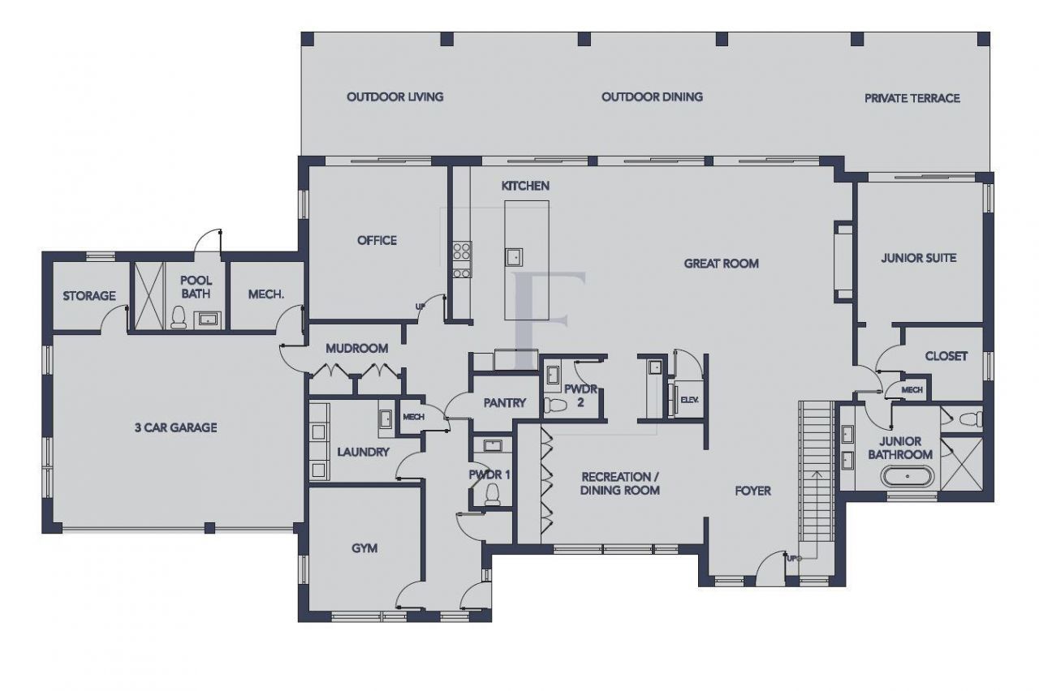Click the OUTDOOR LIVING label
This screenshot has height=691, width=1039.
[x=394, y=97]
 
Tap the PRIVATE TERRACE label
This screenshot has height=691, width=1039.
[x=912, y=98]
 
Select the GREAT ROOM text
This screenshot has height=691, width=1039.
[x=721, y=263]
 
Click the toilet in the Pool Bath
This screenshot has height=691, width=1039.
[x=178, y=317]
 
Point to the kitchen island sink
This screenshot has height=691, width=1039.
[x=514, y=257]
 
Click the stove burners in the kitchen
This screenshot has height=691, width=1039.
[x=462, y=260]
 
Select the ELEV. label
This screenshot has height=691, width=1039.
[x=689, y=400]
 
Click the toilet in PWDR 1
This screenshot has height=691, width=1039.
[x=492, y=495]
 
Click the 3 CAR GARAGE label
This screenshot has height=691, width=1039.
[x=175, y=427]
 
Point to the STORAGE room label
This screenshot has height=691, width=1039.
[x=89, y=296]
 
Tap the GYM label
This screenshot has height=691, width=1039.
[x=364, y=548]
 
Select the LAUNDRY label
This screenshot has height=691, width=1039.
[x=363, y=452]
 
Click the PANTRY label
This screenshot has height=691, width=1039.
[x=505, y=402]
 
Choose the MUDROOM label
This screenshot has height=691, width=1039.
[x=356, y=348]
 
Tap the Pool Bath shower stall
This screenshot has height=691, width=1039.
[x=148, y=295]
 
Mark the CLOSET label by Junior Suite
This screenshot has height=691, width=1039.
[x=946, y=356]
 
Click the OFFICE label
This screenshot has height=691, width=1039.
[x=377, y=240]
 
